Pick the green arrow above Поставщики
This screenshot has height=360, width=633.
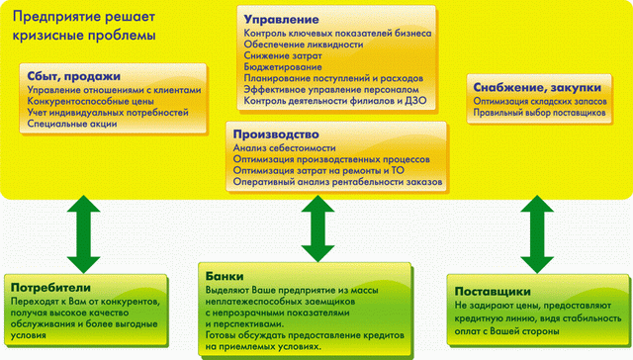click(x=535, y=231)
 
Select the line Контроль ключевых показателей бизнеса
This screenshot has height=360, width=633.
click(x=336, y=33)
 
